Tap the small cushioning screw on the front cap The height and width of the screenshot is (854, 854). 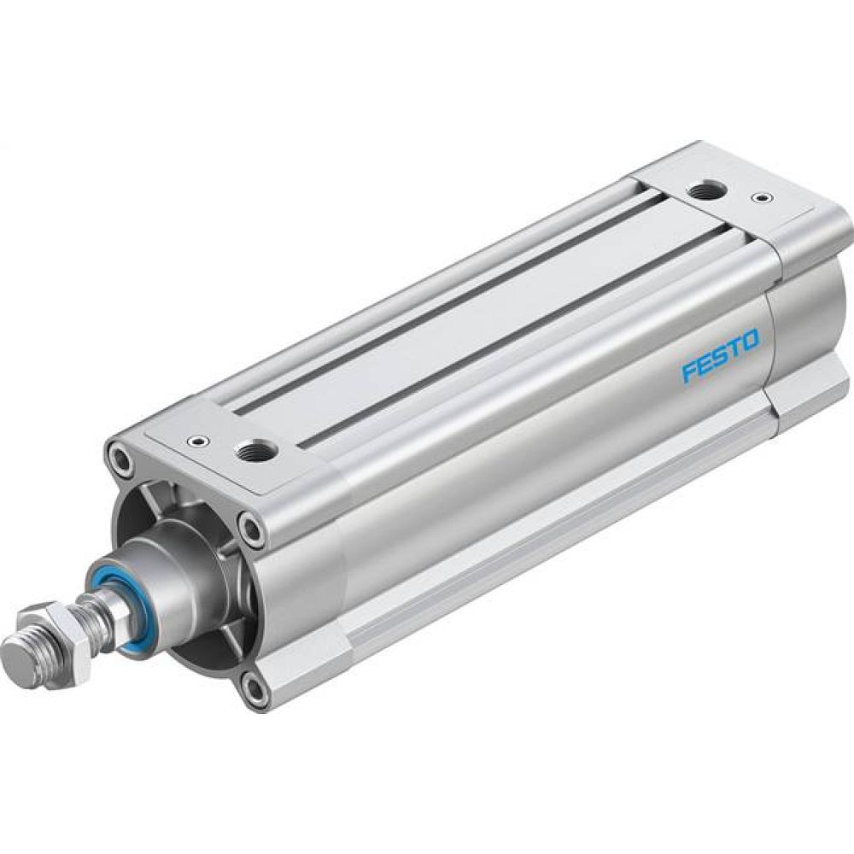coord(199,442)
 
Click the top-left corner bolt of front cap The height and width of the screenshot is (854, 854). coord(120,458)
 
